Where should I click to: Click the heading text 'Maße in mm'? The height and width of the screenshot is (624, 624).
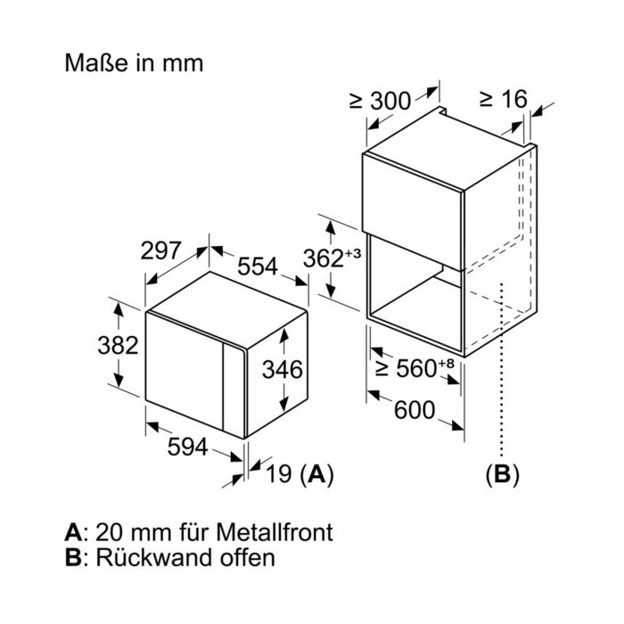coord(134,63)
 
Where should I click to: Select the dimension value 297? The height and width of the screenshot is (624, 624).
coord(160,250)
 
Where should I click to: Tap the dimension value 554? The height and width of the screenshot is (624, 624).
coord(258,267)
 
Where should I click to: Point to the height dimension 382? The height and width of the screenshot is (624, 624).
coord(118,345)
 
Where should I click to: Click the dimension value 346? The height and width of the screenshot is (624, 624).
coord(283,369)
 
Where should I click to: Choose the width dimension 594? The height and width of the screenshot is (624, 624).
coord(187,447)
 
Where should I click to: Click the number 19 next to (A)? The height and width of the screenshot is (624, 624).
coord(278,473)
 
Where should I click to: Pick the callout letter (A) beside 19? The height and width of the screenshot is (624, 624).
coord(316,474)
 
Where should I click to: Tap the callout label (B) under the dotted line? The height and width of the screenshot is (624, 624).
coord(502,474)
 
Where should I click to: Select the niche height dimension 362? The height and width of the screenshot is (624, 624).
coord(323,259)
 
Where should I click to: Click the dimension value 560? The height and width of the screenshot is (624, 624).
coord(416,368)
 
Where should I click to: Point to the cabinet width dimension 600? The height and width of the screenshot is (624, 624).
coord(415,410)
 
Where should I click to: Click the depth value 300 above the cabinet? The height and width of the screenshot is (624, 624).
coord(390,101)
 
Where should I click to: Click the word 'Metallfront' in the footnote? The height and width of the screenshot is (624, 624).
coord(275,532)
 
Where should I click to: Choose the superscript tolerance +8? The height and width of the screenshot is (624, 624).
coord(446,364)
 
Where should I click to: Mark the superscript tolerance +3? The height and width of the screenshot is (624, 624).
coord(353,253)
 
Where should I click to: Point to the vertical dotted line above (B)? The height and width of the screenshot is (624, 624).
coord(502,370)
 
